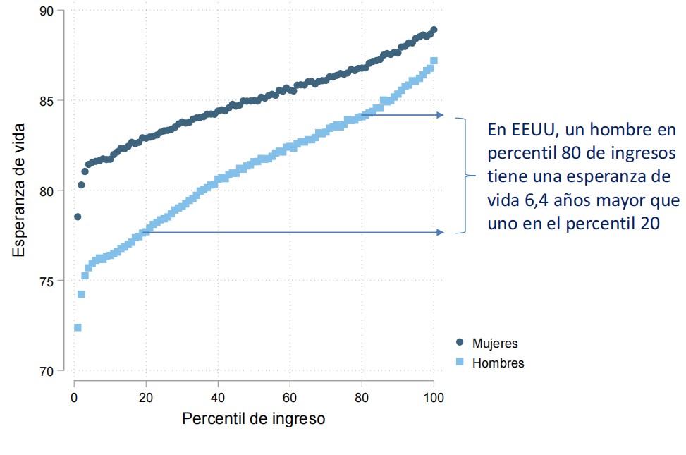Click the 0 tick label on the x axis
pos(74,397)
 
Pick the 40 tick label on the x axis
pos(218,397)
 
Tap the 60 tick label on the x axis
pos(290,397)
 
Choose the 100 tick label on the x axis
pos(434,397)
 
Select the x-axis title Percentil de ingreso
pos(254,418)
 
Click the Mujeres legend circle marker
pos(460,343)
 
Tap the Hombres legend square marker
pos(460,363)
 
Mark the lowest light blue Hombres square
pos(78,327)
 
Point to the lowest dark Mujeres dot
pos(78,217)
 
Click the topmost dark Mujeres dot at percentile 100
pos(434,30)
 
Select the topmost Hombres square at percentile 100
pos(434,61)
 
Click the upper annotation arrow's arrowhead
pos(441,115)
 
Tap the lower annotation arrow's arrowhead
pos(441,232)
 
